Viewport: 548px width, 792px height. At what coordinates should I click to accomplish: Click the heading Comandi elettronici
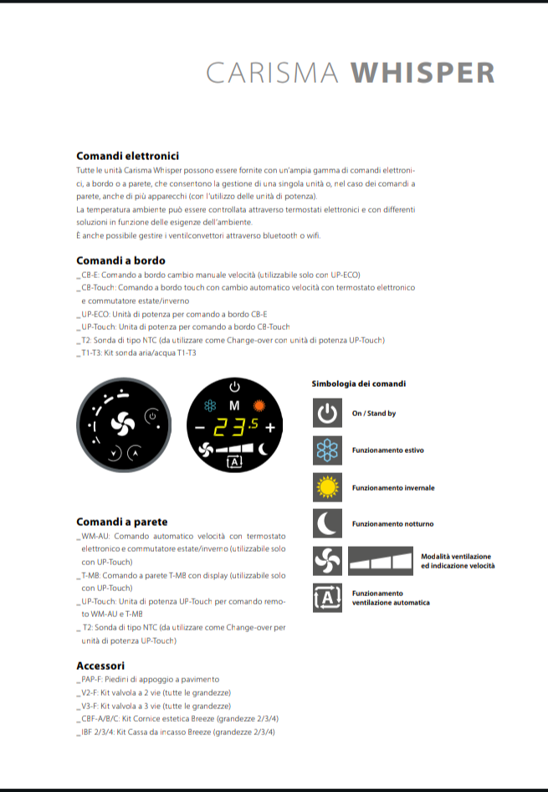(127, 156)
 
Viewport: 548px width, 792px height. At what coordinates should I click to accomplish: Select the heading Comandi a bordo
(120, 260)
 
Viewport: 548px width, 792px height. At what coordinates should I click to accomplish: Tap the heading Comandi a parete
(121, 522)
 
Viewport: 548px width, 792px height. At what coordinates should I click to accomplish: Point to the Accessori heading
(100, 666)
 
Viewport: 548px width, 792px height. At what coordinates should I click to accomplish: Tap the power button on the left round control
(151, 415)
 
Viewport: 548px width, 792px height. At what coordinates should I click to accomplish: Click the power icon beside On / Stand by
(327, 413)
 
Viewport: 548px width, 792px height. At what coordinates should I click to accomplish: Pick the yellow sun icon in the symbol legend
(327, 487)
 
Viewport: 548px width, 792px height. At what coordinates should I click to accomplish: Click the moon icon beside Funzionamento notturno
(327, 523)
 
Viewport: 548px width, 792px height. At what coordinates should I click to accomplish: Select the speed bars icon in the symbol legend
(381, 561)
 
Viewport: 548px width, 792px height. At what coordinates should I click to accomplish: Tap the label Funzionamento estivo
(387, 450)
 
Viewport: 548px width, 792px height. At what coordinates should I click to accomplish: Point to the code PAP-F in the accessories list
(91, 679)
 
